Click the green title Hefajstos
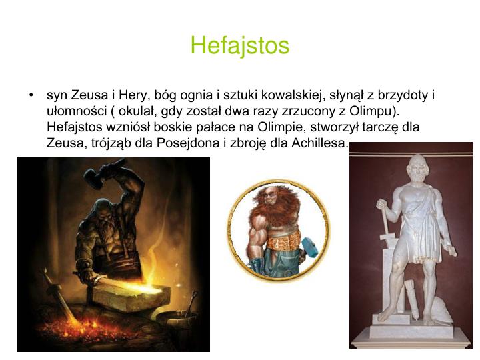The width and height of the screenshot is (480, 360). (240, 45)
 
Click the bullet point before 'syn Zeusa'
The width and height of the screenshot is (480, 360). (31, 96)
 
